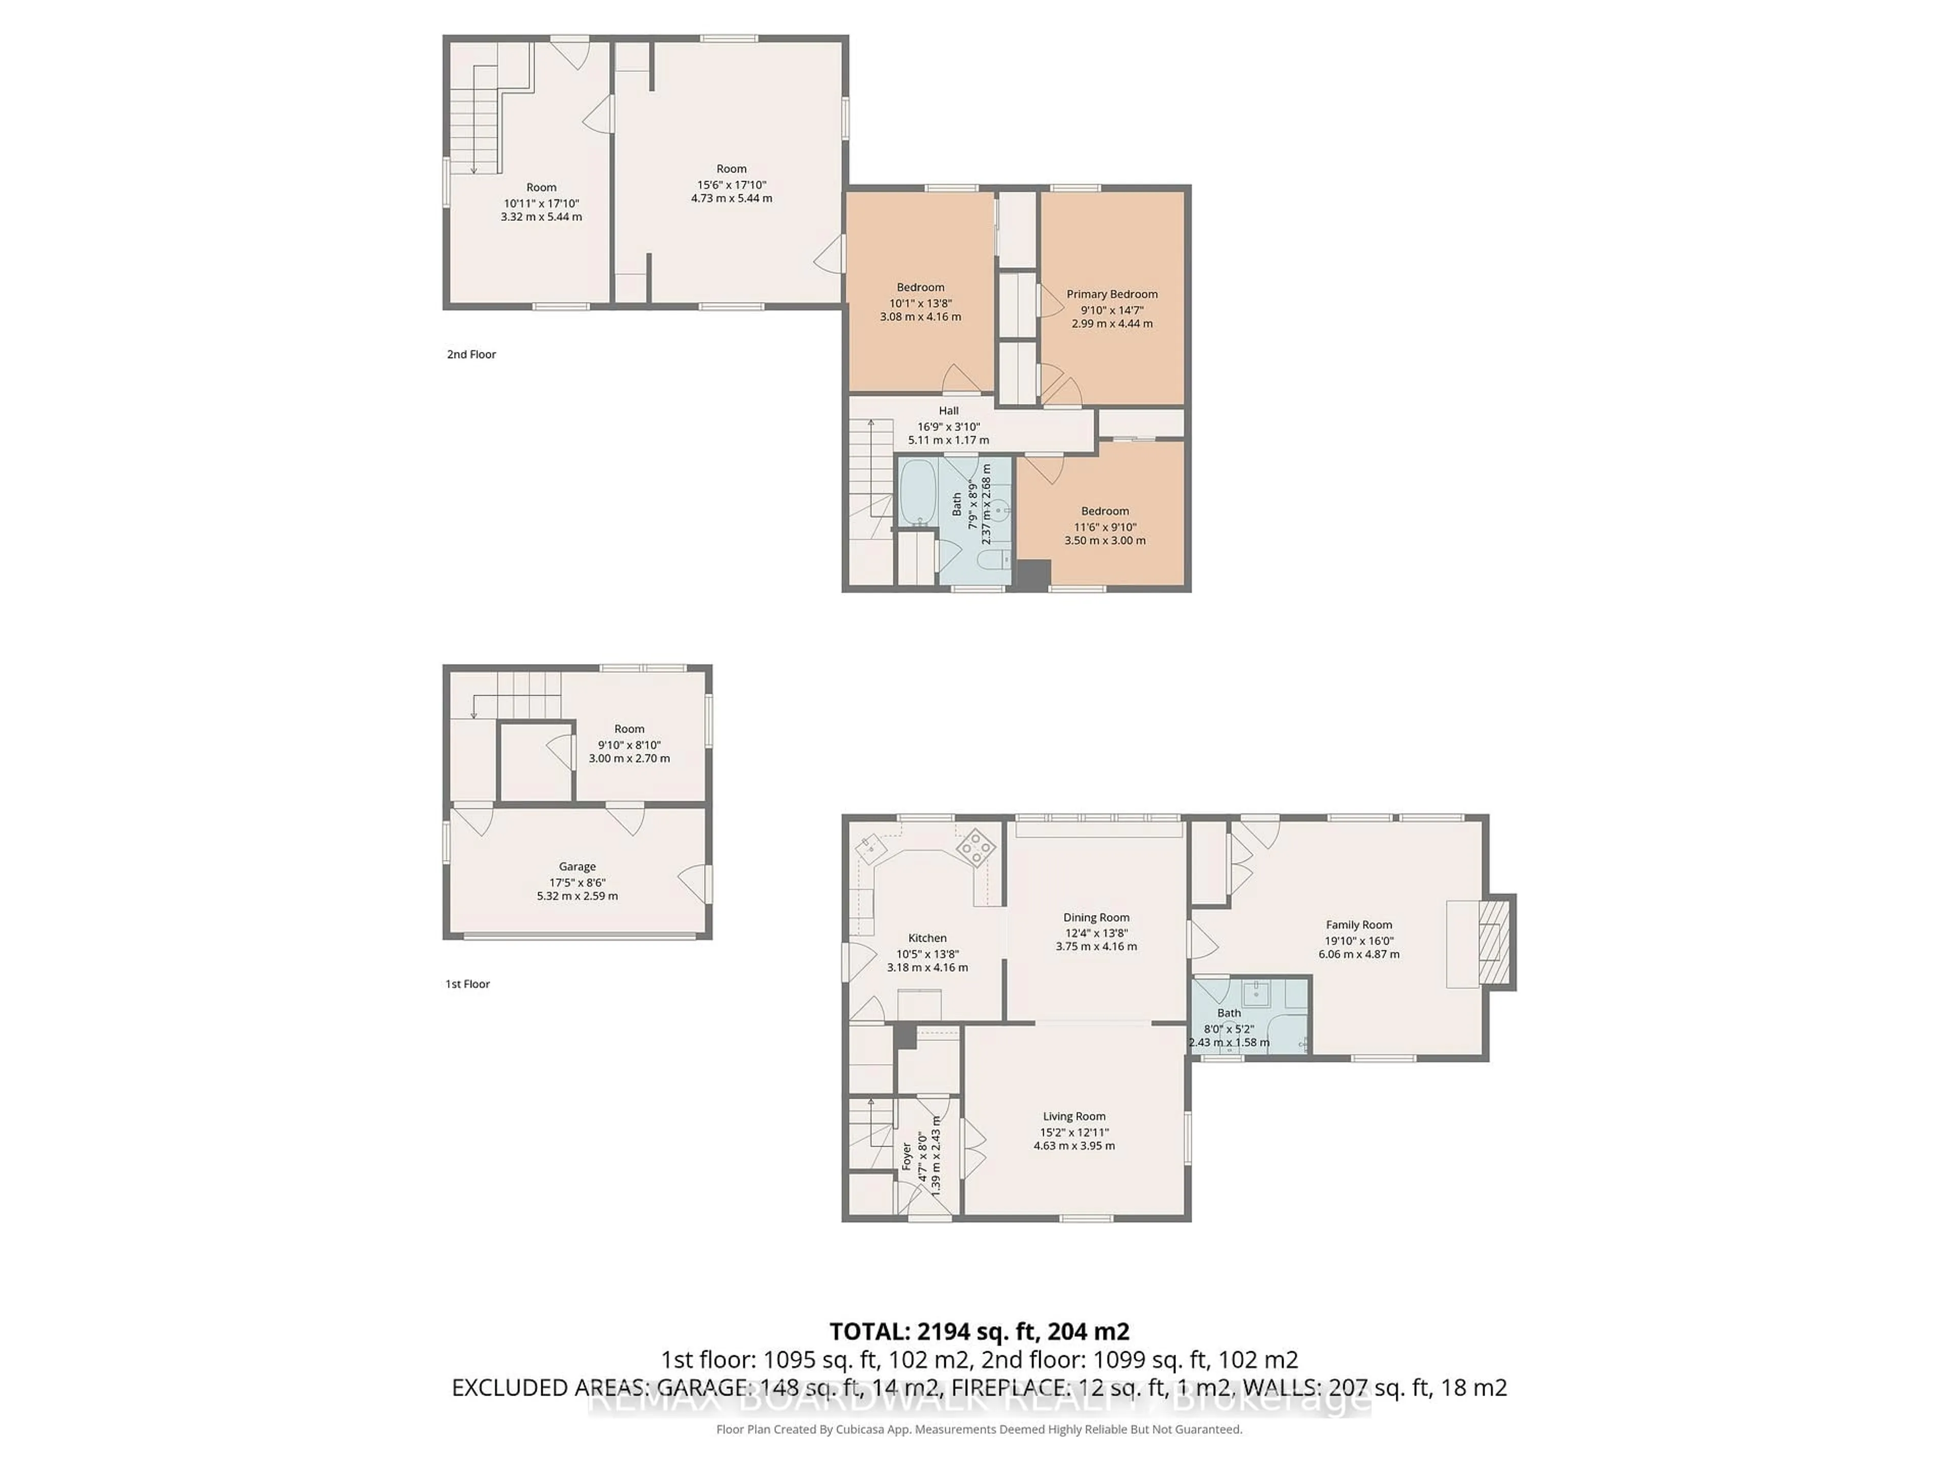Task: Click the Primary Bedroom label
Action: coord(1112,294)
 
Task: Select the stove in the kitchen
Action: coord(976,847)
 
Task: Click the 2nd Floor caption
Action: coord(471,354)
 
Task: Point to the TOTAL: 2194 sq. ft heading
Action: coord(978,1331)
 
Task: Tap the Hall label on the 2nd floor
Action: coord(948,411)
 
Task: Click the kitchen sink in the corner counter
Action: coord(870,847)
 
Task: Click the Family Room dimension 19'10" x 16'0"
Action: coord(1359,941)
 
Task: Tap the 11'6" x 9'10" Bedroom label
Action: coord(1104,511)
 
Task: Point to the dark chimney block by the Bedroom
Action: coord(1032,575)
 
